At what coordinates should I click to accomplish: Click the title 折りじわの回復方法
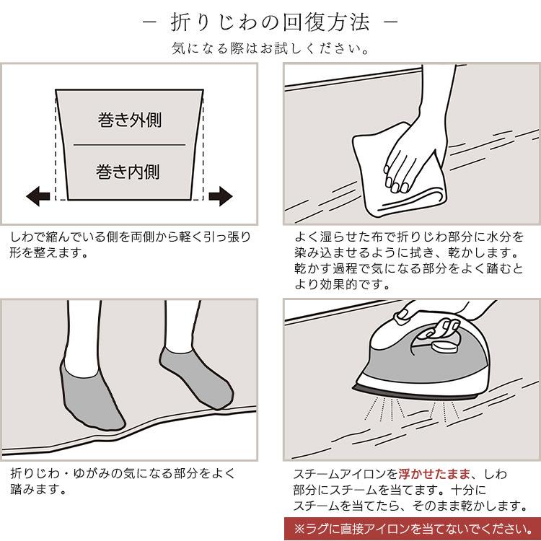click(x=270, y=23)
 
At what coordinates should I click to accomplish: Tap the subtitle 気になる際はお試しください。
click(x=270, y=48)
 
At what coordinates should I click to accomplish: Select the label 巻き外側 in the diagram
click(x=130, y=119)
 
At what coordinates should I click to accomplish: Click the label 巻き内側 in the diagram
click(x=128, y=172)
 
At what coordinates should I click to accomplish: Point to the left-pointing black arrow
click(x=38, y=196)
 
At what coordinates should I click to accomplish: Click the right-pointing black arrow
click(x=221, y=196)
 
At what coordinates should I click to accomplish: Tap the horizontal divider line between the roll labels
click(x=129, y=145)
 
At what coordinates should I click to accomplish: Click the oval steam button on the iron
click(x=445, y=347)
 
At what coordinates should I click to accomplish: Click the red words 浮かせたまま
click(x=434, y=474)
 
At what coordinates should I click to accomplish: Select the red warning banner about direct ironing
click(x=412, y=529)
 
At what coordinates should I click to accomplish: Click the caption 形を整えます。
click(x=48, y=253)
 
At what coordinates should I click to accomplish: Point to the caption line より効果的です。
click(x=343, y=284)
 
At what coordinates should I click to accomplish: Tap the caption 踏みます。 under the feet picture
click(x=38, y=489)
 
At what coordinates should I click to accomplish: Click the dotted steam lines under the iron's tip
click(x=384, y=409)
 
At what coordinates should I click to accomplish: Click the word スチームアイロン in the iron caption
click(x=346, y=474)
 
